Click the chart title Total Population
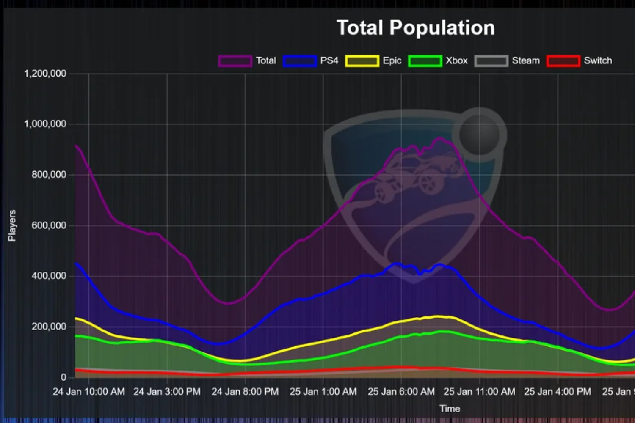coord(415,28)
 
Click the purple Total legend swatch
coord(235,61)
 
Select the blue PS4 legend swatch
coord(300,61)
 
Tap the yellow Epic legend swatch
coord(362,61)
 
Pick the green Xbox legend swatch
coord(425,61)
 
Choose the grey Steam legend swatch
coord(491,61)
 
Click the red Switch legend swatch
coord(563,61)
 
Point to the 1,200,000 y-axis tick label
coord(45,74)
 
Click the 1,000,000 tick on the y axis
coord(45,124)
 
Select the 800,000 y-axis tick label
coord(49,175)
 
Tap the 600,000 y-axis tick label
coord(49,225)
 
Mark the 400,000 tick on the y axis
coord(49,276)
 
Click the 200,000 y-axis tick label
coord(49,327)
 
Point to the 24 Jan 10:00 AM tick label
coord(89,392)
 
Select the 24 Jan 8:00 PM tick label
coord(245,392)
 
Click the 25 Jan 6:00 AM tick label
coord(401,392)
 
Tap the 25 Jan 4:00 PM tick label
coord(558,392)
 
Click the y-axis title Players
coord(12,225)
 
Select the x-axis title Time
coord(450,409)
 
